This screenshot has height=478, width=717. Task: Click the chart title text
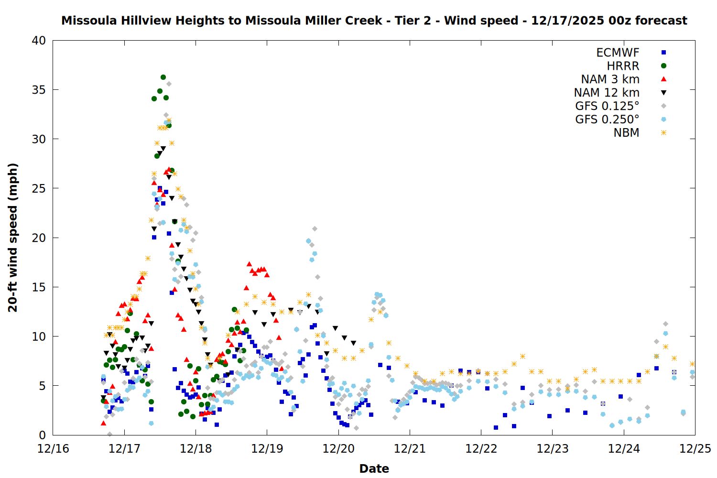[x=374, y=21]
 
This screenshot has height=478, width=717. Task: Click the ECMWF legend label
[x=618, y=53]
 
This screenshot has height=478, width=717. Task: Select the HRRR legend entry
[x=623, y=66]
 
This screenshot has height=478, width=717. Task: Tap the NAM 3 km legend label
[x=610, y=79]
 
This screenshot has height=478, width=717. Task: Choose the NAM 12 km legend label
[x=607, y=93]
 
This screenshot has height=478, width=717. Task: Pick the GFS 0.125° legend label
[x=607, y=106]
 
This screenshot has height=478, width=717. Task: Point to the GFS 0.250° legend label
[x=607, y=119]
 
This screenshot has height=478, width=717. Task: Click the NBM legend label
[x=626, y=133]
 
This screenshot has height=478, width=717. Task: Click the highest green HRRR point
[x=163, y=77]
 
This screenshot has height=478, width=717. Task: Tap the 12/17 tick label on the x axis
[x=124, y=449]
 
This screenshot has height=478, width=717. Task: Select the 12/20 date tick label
[x=338, y=449]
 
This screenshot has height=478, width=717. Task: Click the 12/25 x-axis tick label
[x=695, y=449]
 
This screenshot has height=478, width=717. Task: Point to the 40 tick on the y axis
[x=39, y=41]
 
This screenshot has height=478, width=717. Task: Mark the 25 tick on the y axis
[x=39, y=188]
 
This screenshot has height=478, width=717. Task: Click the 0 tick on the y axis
[x=43, y=435]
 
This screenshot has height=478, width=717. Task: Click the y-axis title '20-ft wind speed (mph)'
[x=13, y=238]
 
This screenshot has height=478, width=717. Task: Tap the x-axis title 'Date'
[x=374, y=468]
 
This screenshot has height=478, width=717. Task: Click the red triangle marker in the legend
[x=663, y=79]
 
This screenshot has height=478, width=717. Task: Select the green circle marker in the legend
[x=663, y=66]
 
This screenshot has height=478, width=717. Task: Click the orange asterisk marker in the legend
[x=663, y=133]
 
